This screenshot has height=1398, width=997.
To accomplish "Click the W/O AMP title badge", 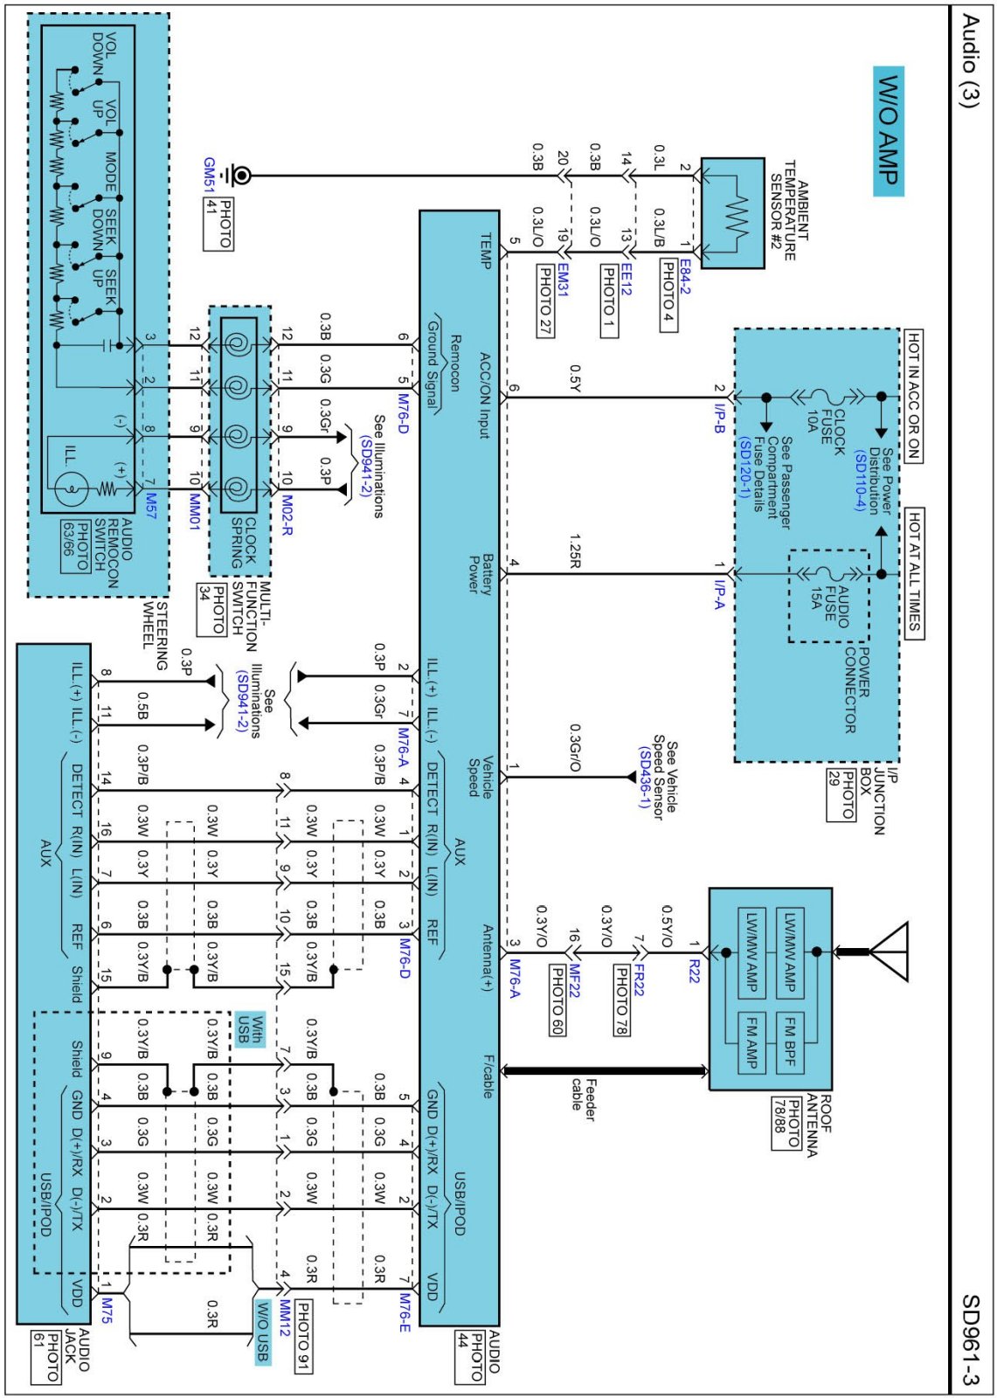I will point(889,131).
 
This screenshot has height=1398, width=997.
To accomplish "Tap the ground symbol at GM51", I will point(236,176).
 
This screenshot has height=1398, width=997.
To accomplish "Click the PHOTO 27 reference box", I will point(544,301).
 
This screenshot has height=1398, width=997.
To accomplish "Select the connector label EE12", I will point(627,278).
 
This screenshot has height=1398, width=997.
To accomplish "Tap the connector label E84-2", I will point(685,277).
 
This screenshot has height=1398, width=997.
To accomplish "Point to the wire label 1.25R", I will point(574,551).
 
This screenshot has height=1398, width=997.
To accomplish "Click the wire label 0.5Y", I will point(574,378).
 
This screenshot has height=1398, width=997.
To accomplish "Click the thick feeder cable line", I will point(603,1070).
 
